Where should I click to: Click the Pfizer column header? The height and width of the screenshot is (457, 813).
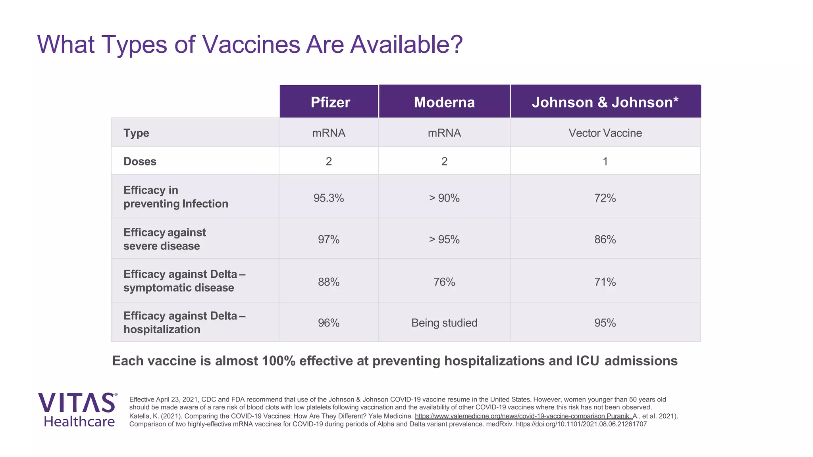point(330,102)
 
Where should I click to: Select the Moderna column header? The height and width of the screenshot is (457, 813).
point(444,102)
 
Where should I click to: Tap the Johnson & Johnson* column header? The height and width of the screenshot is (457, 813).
point(605,102)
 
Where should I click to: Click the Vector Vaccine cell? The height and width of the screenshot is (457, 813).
point(605,133)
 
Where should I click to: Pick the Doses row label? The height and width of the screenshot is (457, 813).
point(140,161)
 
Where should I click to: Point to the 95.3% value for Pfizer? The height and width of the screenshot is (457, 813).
point(329,198)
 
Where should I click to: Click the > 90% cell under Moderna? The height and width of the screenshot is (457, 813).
point(444,198)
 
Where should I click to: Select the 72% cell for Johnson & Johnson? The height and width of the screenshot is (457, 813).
point(605,198)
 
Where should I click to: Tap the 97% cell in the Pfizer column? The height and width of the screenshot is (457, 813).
point(329,240)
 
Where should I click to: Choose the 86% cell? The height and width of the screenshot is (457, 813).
point(605,240)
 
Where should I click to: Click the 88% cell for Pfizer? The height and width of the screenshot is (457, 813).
point(329,282)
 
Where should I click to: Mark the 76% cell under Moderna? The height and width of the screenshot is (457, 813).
point(444,282)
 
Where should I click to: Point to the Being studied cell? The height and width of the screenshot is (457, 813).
point(444,323)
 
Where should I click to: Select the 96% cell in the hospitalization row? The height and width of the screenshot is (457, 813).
point(329,323)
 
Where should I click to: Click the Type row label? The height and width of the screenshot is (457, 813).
point(136,133)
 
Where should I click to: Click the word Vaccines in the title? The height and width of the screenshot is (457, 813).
point(251,44)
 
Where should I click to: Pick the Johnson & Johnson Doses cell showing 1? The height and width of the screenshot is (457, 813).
point(605,161)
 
